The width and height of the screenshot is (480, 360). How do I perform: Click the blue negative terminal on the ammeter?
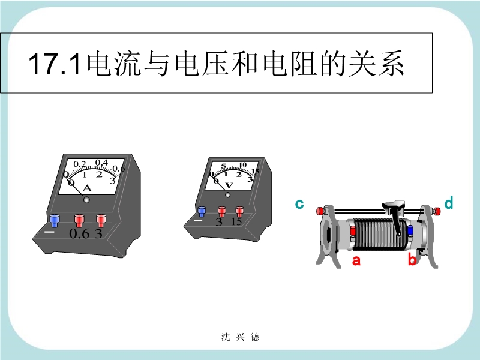(x=55, y=220)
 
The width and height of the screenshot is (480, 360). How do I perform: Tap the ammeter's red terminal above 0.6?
(x=79, y=220)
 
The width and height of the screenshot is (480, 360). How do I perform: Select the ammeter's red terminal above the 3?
(x=101, y=220)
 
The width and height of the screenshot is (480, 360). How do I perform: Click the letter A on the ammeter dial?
(x=87, y=188)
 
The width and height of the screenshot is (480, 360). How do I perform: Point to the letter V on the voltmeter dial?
(x=229, y=185)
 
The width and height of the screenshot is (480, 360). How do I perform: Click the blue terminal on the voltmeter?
(x=202, y=212)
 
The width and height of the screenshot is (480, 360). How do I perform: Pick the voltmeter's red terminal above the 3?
(x=221, y=212)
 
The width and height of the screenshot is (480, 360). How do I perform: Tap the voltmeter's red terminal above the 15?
(x=239, y=212)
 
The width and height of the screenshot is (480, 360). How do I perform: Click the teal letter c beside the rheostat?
(x=299, y=204)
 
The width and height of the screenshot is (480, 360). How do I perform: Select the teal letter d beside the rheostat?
(x=448, y=203)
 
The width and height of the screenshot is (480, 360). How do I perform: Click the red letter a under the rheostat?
(x=356, y=260)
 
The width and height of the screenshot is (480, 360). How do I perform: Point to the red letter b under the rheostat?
(x=412, y=259)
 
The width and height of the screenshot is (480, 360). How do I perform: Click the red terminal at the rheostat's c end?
(x=320, y=211)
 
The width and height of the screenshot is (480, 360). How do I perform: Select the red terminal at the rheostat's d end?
(x=437, y=211)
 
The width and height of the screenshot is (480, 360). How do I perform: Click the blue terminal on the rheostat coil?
(x=410, y=231)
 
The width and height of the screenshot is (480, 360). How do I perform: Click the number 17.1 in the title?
(x=55, y=64)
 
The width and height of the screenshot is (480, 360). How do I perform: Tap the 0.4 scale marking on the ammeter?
(x=101, y=163)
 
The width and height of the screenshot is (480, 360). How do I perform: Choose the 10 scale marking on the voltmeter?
(x=242, y=165)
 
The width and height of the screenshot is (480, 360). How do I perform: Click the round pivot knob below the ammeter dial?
(x=86, y=200)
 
